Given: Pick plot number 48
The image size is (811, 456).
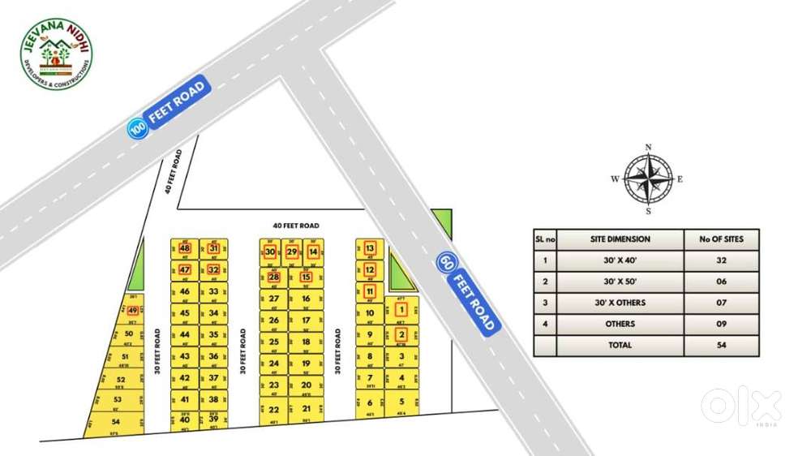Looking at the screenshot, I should (185, 248).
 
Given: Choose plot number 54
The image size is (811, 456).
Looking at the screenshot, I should (115, 421).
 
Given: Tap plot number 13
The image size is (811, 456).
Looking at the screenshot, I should (370, 248).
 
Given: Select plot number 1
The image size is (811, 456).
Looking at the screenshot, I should (401, 309).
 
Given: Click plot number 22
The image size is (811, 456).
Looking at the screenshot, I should (274, 410).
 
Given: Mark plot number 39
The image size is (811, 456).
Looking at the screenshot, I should (213, 419).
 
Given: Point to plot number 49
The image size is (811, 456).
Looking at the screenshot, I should (132, 310).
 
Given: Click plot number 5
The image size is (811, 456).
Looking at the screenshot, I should (401, 401).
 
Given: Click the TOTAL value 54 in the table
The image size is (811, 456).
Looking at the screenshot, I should (722, 345).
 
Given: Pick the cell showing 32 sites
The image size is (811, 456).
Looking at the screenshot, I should (722, 260).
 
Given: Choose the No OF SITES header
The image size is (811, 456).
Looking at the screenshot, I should (722, 239).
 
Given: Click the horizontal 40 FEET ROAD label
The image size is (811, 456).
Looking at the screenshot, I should (295, 226).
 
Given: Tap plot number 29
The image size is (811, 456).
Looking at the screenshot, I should (292, 252).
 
